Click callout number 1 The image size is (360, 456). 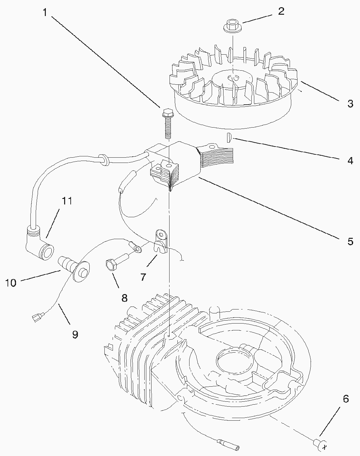point(45,12)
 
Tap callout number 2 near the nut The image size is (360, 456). point(281,11)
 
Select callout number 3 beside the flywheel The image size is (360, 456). point(350,104)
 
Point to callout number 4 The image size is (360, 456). point(350,161)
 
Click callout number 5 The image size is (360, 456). point(350,241)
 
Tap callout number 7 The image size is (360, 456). point(143,277)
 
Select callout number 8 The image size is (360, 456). point(124,298)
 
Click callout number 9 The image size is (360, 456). point(75,334)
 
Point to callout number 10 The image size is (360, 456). point(11,283)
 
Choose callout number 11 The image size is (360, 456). point(67,201)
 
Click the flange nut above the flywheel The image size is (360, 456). point(233,26)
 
